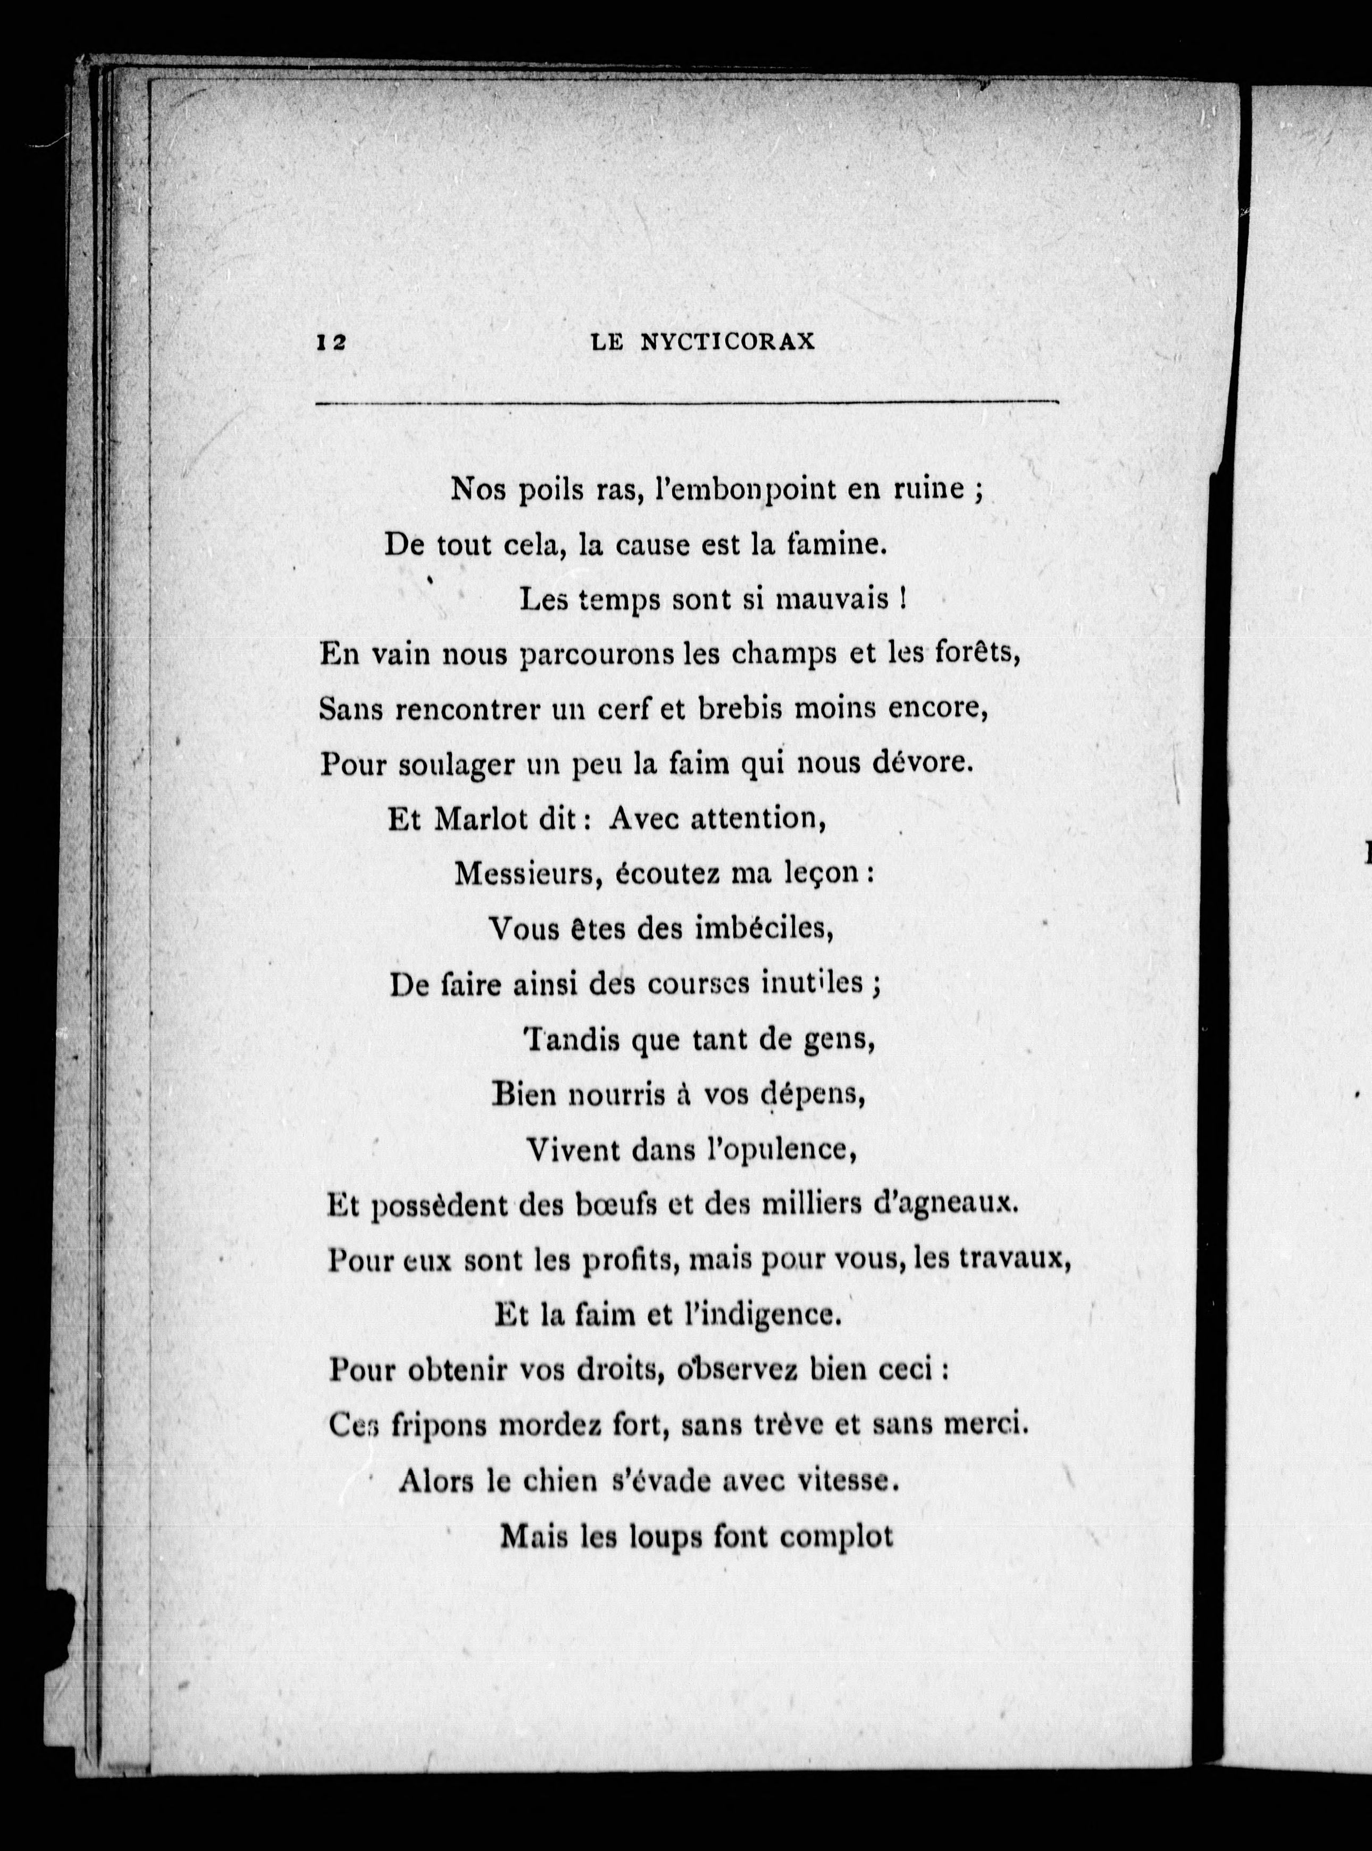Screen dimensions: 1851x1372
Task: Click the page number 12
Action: click(x=331, y=343)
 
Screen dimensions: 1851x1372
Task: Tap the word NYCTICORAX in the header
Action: click(x=729, y=343)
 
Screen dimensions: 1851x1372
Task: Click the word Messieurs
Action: click(x=528, y=874)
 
